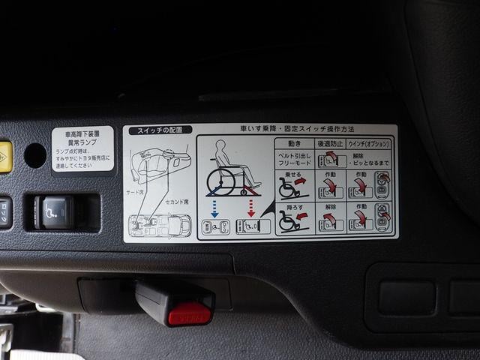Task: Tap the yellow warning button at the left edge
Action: point(5,157)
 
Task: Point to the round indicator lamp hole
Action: point(35,155)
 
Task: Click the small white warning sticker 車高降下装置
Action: point(82,148)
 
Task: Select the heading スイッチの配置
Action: point(160,130)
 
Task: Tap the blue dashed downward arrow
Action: point(214,204)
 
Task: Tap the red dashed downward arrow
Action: point(251,204)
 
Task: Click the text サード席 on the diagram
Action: point(136,192)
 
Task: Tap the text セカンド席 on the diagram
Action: point(177,202)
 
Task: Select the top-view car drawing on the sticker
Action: point(159,226)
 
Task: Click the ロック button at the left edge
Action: point(4,212)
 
